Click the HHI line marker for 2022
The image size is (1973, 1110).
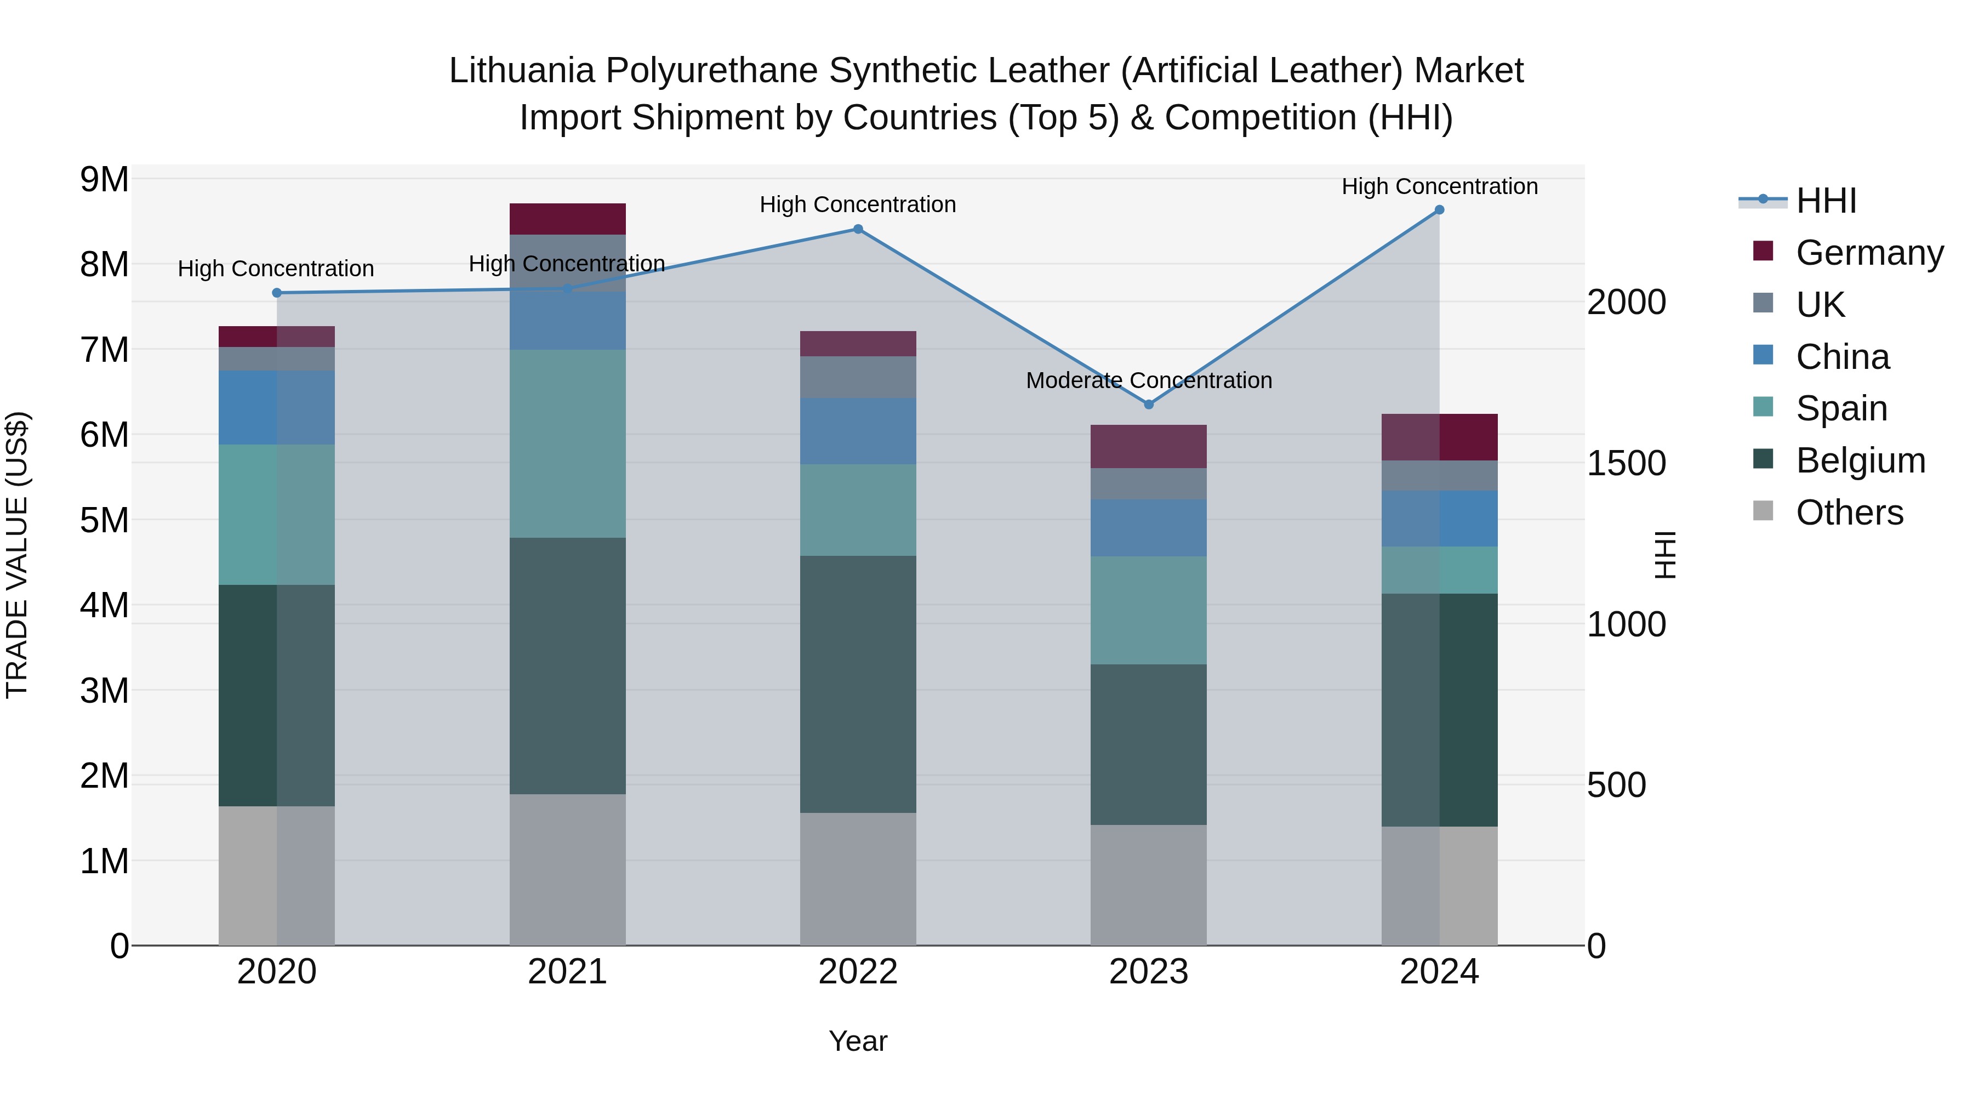pyautogui.click(x=858, y=229)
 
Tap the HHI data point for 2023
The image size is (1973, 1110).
pyautogui.click(x=1148, y=405)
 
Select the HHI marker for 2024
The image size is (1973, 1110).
pyautogui.click(x=1439, y=210)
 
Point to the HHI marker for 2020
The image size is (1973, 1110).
pyautogui.click(x=277, y=293)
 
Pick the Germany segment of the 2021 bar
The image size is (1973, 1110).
pyautogui.click(x=568, y=219)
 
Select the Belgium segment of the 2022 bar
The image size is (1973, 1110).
pyautogui.click(x=858, y=684)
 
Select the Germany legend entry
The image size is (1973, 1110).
pyautogui.click(x=1869, y=253)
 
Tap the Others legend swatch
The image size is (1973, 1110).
pyautogui.click(x=1763, y=511)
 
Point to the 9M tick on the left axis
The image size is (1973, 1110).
pyautogui.click(x=104, y=179)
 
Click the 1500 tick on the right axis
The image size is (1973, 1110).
pyautogui.click(x=1626, y=463)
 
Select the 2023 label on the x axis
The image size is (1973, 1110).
pyautogui.click(x=1148, y=972)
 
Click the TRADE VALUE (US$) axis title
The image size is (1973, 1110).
pyautogui.click(x=17, y=555)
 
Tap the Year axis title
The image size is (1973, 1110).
pyautogui.click(x=858, y=1041)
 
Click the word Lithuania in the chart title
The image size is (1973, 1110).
pyautogui.click(x=521, y=71)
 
